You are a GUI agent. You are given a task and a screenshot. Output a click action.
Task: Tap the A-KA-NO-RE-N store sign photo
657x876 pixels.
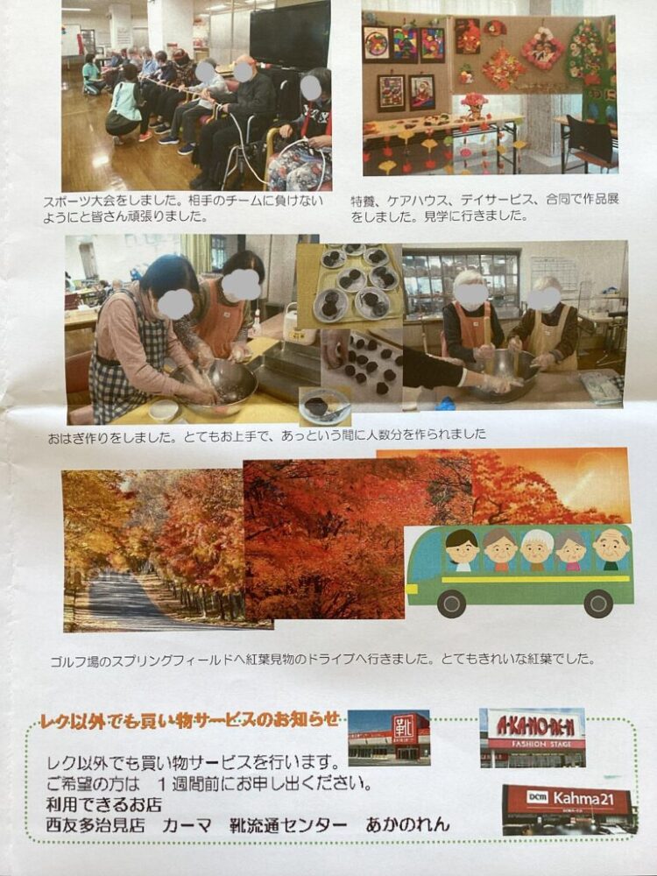pos(532,737)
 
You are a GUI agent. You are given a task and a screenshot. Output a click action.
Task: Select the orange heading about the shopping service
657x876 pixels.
pos(189,720)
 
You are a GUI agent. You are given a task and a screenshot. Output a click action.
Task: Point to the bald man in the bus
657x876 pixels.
pos(611,548)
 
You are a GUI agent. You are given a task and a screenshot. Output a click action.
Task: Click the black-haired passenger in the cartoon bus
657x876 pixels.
pos(463,550)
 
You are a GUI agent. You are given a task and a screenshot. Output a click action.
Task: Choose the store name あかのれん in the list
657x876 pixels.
pos(407,824)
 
